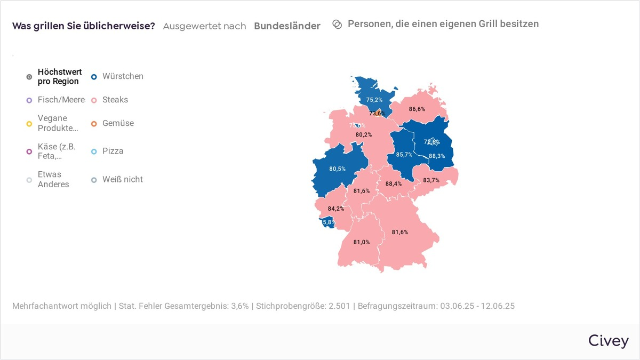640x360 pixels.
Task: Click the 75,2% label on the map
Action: [374, 100]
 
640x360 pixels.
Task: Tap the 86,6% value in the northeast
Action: [417, 109]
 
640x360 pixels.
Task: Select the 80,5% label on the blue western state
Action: [337, 169]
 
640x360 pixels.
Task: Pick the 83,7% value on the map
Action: [431, 180]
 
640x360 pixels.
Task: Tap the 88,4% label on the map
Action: [393, 184]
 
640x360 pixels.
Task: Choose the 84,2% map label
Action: [336, 209]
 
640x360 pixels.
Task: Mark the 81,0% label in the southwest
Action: [362, 242]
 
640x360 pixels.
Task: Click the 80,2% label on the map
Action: [364, 135]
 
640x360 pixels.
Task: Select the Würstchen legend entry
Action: [123, 76]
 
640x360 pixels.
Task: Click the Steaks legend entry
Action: [115, 100]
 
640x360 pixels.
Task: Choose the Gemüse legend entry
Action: [118, 123]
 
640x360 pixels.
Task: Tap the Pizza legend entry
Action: [113, 151]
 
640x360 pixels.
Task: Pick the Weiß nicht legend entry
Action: [123, 179]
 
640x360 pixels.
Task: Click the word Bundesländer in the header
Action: [287, 26]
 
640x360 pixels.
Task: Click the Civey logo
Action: [608, 341]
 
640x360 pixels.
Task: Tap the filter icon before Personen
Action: [337, 25]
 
